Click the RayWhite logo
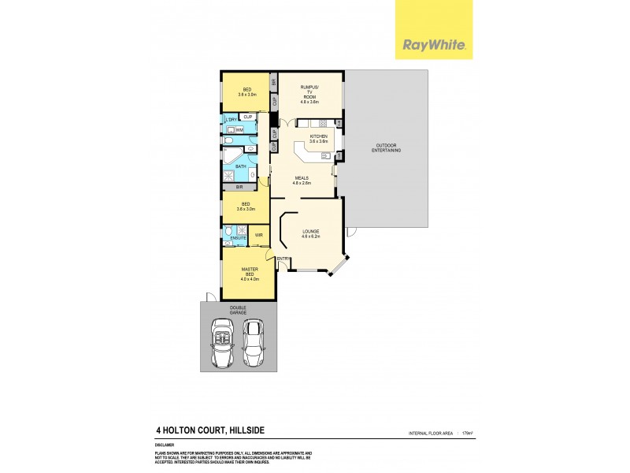(434, 45)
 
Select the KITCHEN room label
(318, 139)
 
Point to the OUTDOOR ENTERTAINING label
(386, 147)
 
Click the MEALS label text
(302, 180)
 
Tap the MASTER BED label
(249, 272)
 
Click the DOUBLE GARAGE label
(239, 310)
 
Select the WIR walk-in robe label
(258, 235)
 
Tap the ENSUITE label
(239, 237)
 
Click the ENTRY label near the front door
(283, 259)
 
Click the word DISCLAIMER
(165, 445)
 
